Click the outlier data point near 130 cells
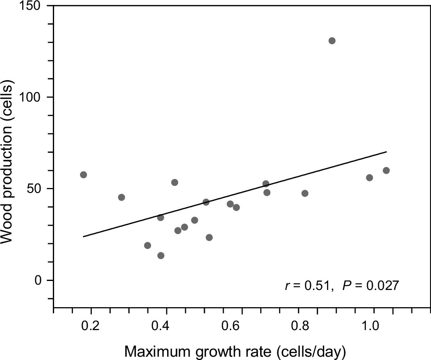(x=332, y=41)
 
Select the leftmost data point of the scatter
(x=84, y=175)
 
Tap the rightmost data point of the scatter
(x=386, y=170)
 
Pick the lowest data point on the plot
(x=161, y=256)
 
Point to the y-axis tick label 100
(x=34, y=97)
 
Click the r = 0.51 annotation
(x=307, y=285)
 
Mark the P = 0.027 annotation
(x=370, y=285)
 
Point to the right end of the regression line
(x=386, y=152)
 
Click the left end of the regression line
(x=84, y=236)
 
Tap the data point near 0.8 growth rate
(x=305, y=193)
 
